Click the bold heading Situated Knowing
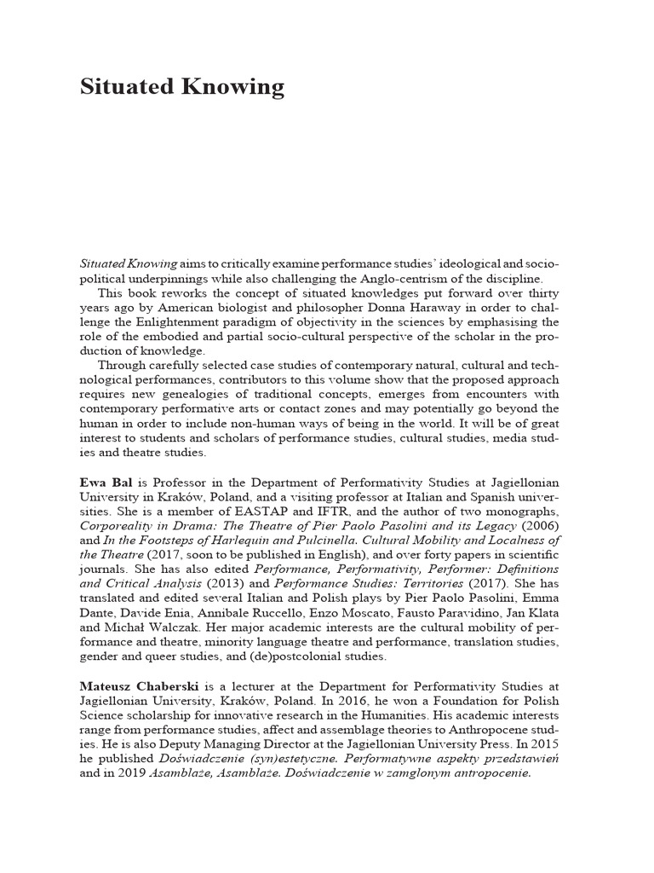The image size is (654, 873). (x=181, y=88)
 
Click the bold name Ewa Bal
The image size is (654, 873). (x=106, y=482)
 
